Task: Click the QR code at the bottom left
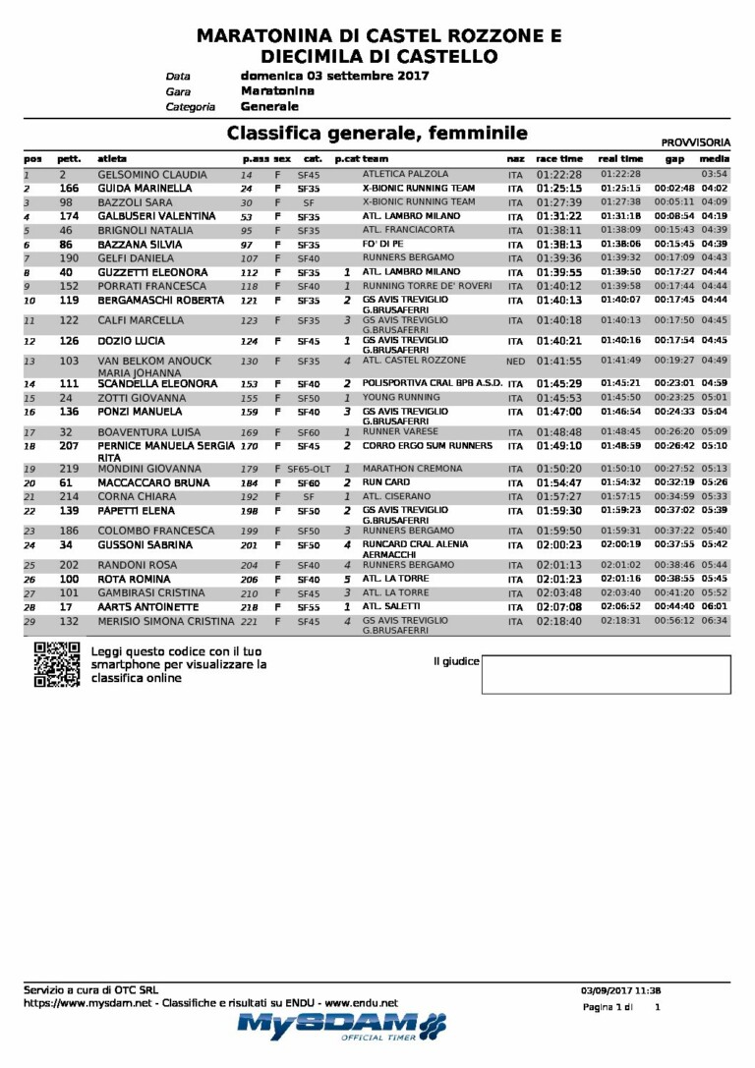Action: tap(56, 664)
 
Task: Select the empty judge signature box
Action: tap(606, 675)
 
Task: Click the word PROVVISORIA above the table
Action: tap(694, 142)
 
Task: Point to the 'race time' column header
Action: tap(558, 159)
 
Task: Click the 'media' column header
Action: tap(714, 159)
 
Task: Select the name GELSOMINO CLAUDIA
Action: tap(152, 174)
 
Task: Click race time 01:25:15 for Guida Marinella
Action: tap(559, 188)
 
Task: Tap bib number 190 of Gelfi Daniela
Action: tap(69, 258)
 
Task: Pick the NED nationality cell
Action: tap(515, 362)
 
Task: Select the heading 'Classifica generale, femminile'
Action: tap(377, 133)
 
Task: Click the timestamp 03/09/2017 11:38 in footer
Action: tap(620, 990)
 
